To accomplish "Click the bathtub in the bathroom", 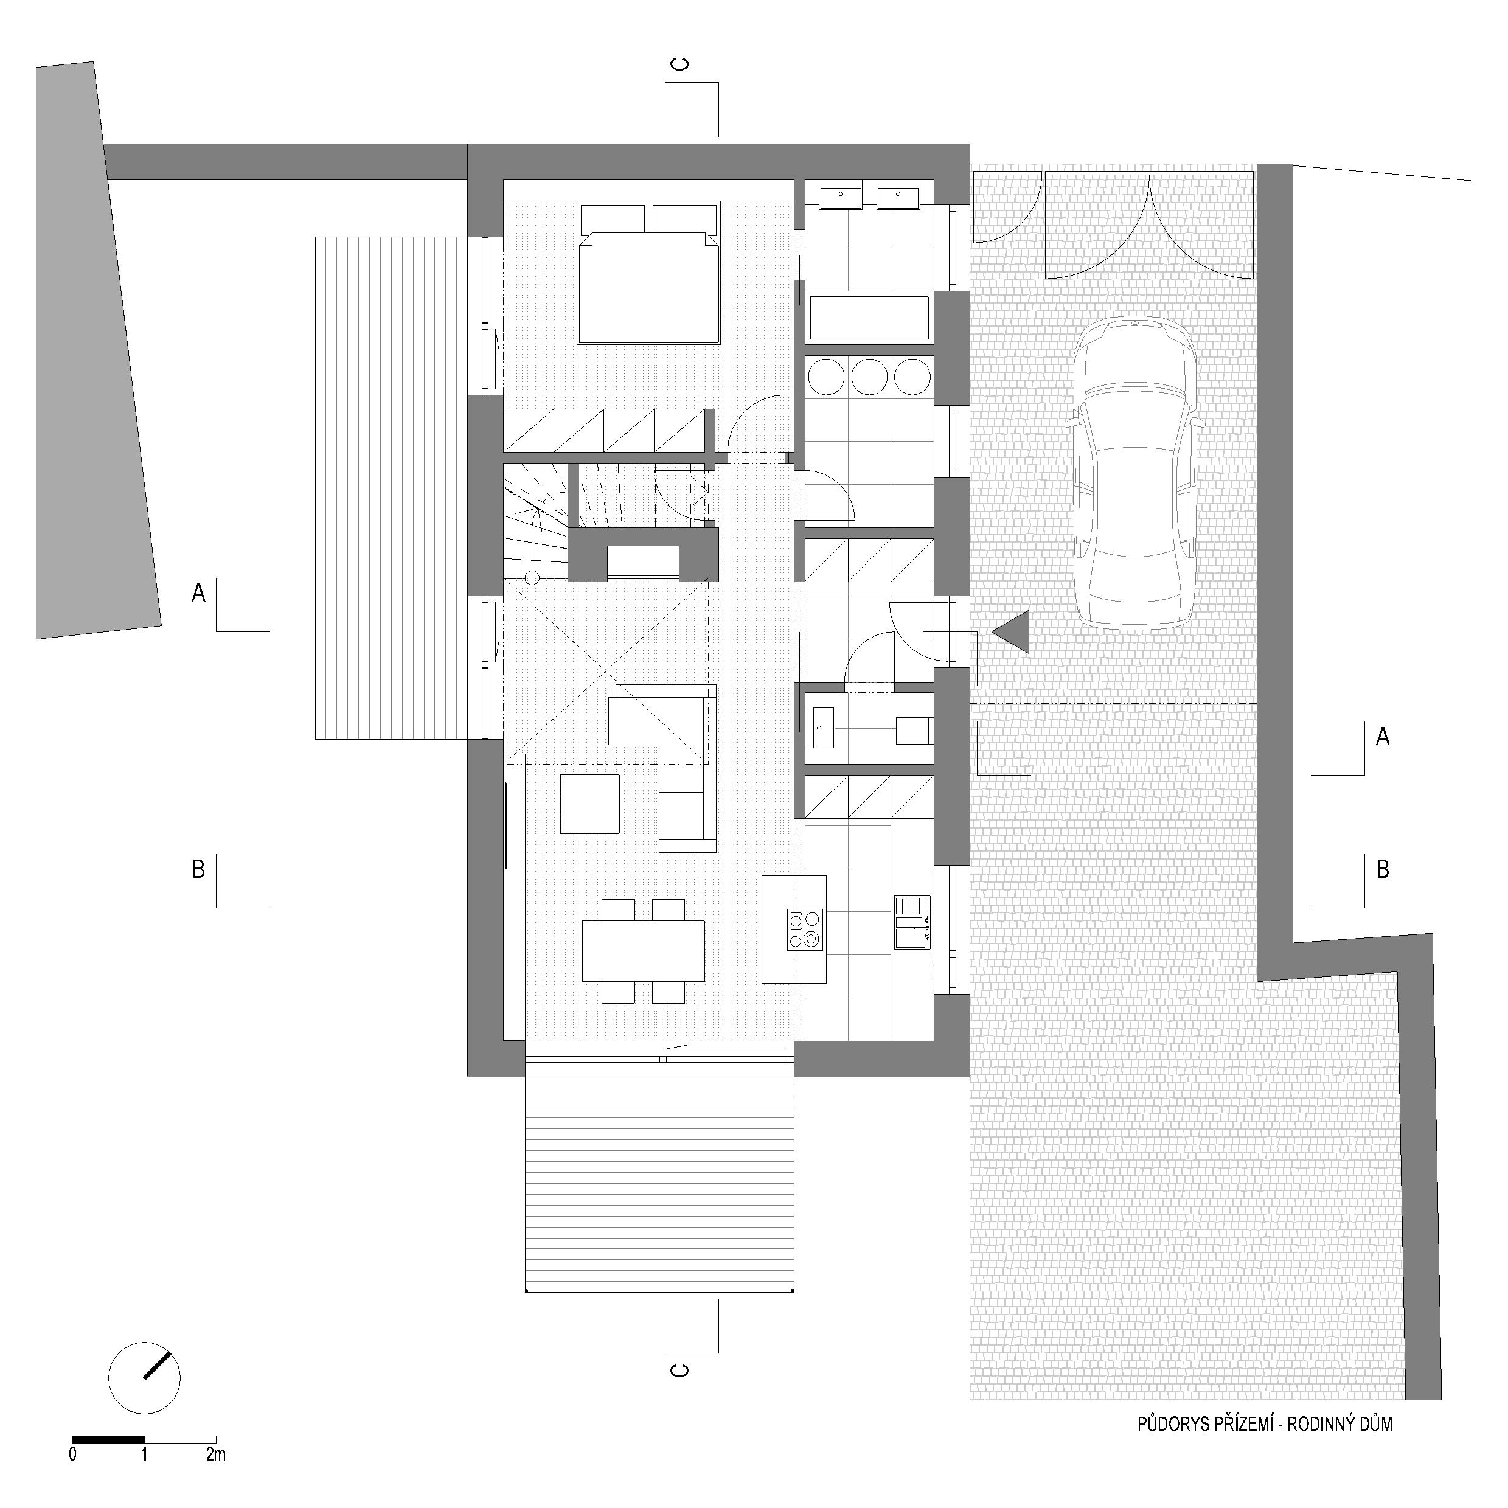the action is [869, 319].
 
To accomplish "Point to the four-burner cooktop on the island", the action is [805, 929].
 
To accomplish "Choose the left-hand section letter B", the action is [198, 869].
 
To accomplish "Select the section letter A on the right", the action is [1382, 736].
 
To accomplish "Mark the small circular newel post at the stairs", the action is [532, 578].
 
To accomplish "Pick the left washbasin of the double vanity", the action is [839, 196].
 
